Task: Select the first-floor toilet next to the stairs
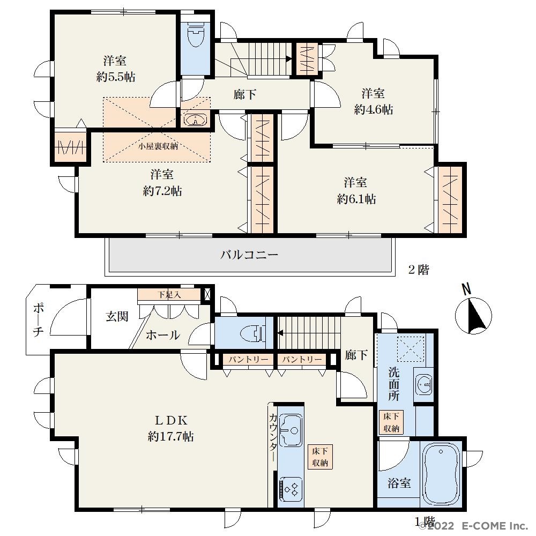pos(252,333)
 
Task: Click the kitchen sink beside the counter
pos(291,430)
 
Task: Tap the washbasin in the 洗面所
pos(423,384)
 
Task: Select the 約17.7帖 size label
pos(170,436)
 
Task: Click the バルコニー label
pos(249,255)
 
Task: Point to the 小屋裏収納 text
pos(158,146)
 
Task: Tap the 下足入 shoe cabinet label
pos(169,294)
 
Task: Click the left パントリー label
pos(248,359)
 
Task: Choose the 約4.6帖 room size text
pos(374,109)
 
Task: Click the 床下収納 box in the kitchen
pos(320,457)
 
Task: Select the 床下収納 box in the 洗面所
pos(391,422)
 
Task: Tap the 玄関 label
pos(117,317)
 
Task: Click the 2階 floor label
pos(419,270)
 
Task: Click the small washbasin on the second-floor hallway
pos(196,120)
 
